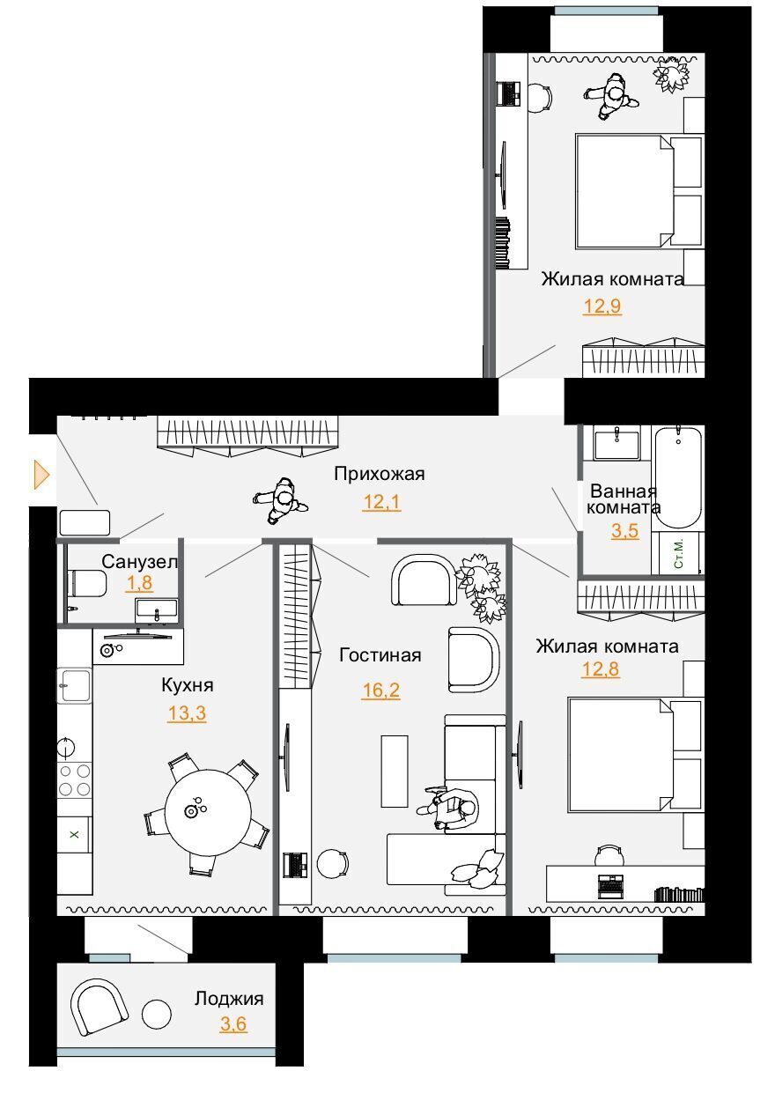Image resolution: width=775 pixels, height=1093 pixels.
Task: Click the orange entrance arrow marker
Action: coord(41,475)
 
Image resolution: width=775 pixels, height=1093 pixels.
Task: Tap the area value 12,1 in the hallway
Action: coord(381,502)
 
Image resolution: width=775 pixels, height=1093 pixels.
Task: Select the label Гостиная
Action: coord(380,655)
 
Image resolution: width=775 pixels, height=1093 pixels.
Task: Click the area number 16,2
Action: coord(380,691)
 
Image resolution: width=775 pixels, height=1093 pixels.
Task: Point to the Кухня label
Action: coord(188,685)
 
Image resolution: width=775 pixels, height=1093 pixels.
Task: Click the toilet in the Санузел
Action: coord(88,583)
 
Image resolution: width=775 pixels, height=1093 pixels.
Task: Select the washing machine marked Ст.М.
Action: coord(678,553)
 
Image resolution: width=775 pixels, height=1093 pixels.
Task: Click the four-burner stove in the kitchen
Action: coord(74,780)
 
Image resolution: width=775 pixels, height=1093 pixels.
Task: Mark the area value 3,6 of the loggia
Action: coord(233,1024)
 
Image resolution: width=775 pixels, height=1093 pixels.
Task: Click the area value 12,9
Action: coord(602,306)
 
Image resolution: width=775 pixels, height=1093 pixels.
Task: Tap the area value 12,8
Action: coord(601,669)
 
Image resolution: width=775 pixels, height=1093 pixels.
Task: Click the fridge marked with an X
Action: coord(74,835)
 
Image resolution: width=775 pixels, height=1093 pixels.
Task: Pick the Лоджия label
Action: coord(229,999)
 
